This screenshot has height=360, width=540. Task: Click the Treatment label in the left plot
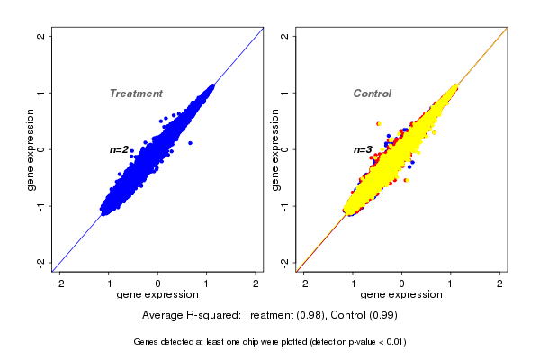point(136,94)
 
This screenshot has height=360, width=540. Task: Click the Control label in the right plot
point(372,94)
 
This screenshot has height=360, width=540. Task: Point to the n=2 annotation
point(120,149)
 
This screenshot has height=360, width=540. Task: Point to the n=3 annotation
point(363,149)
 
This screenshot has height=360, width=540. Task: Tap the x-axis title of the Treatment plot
point(158,295)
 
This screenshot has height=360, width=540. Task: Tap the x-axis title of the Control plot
point(401,295)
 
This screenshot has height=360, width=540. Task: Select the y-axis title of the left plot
point(32,149)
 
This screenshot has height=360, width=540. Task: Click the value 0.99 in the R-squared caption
point(385,316)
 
